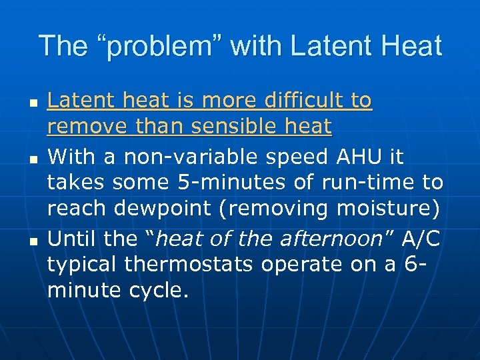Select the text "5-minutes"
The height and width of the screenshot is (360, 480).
pyautogui.click(x=211, y=183)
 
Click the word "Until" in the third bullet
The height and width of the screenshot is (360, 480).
pyautogui.click(x=74, y=239)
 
